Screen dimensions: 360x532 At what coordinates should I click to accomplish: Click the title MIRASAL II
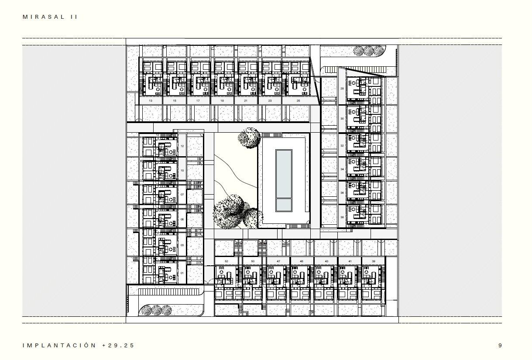50,17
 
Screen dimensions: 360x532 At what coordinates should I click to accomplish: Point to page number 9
500,345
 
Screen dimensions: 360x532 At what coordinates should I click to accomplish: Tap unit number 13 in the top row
151,101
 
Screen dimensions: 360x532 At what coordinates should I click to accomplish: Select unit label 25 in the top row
298,101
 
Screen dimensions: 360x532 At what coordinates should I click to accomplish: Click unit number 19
222,101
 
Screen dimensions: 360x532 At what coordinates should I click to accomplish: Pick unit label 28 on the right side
342,89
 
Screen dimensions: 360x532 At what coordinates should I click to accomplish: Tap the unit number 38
342,217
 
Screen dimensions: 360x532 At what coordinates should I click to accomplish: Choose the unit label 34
342,169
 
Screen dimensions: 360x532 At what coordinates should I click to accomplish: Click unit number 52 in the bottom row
227,261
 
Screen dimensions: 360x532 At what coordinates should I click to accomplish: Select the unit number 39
373,261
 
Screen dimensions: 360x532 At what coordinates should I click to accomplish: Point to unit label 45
302,261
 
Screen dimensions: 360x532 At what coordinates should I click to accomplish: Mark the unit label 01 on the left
182,274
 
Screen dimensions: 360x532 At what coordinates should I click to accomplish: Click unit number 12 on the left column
182,146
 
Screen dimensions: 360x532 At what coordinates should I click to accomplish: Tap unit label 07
182,195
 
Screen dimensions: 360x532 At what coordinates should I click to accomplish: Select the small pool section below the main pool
284,204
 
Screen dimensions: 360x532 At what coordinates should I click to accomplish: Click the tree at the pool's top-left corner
249,138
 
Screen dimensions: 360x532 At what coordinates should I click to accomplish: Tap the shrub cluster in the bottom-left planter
155,310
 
